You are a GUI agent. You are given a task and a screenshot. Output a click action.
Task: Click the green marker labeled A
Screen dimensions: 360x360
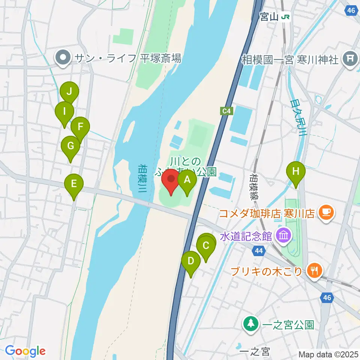click(187, 180)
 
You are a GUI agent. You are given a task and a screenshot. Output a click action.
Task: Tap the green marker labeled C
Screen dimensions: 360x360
click(206, 246)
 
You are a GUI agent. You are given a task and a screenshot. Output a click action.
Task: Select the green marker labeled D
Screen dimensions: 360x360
click(191, 261)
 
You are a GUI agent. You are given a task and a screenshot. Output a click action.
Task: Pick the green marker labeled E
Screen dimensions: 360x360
click(74, 184)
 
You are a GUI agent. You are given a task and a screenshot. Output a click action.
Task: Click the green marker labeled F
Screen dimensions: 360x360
click(80, 127)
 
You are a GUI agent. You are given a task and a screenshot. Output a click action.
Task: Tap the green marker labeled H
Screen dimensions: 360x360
click(296, 172)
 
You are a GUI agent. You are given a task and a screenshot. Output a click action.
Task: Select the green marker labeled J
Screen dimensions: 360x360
click(69, 91)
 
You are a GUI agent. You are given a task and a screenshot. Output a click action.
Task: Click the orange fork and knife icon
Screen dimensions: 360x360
click(314, 270)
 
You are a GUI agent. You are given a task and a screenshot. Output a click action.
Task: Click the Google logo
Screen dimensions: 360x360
click(25, 351)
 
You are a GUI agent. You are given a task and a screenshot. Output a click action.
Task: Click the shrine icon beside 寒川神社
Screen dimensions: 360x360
click(350, 59)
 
